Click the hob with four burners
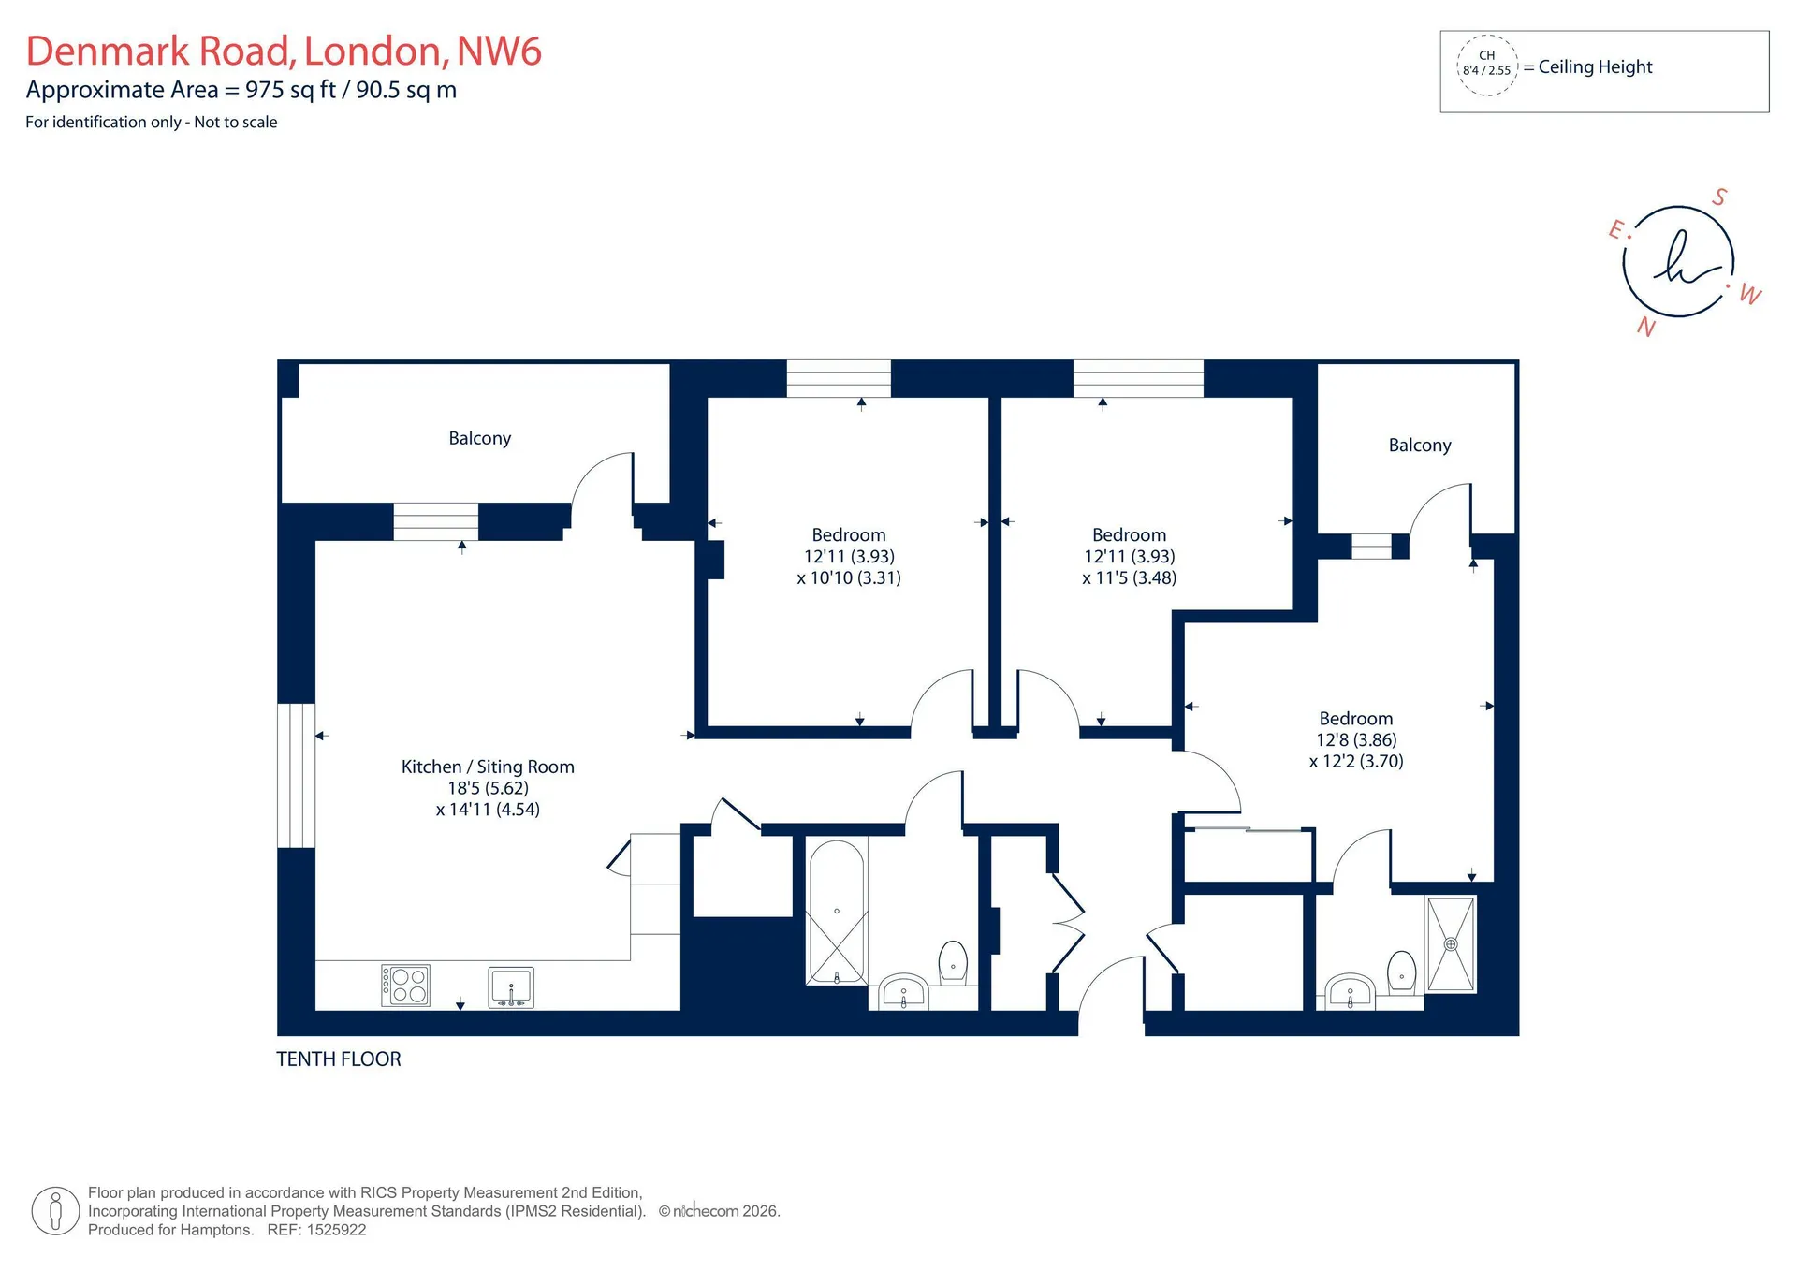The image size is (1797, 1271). point(405,986)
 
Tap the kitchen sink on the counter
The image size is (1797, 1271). point(511,987)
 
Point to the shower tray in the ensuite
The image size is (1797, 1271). point(1451,943)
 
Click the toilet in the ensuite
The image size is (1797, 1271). point(1402,972)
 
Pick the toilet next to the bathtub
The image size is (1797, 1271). point(953,962)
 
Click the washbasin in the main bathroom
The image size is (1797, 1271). point(903,992)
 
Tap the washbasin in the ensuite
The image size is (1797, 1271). point(1350,992)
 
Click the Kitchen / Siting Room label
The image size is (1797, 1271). point(488,767)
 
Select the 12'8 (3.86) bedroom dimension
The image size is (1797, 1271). point(1356,739)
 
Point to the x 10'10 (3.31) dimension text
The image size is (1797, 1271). point(849,577)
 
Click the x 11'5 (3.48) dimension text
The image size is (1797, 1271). point(1129,577)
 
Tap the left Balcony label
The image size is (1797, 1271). point(480,438)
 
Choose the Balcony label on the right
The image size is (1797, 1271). point(1420,445)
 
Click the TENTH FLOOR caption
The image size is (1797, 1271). point(339,1059)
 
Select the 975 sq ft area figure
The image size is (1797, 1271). point(290,90)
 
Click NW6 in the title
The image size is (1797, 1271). point(499,51)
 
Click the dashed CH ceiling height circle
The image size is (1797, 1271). point(1486,65)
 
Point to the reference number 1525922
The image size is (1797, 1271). point(335,1230)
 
